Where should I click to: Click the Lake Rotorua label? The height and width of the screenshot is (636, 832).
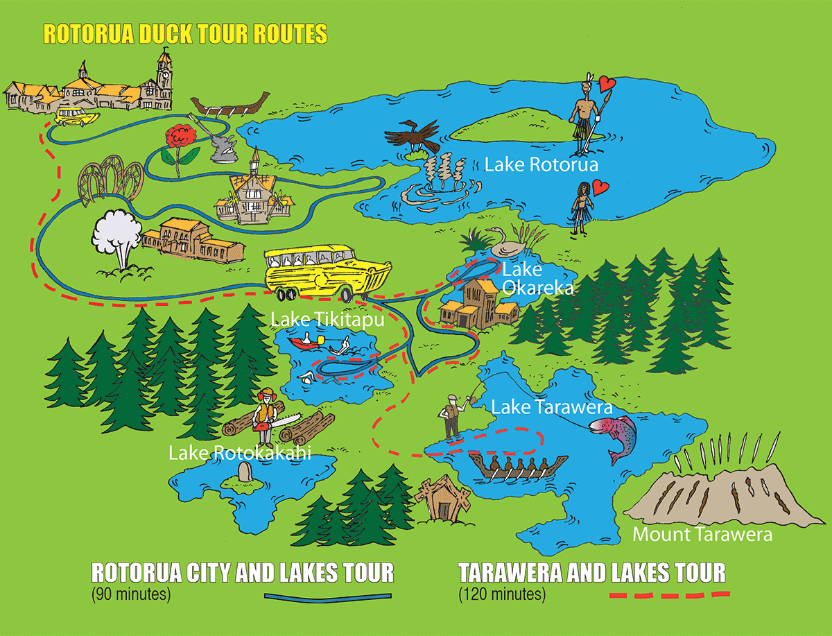click(541, 165)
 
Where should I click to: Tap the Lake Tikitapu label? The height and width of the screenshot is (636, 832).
click(327, 320)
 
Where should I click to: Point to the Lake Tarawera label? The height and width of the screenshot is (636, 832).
click(551, 406)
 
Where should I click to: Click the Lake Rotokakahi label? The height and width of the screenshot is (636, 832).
click(239, 454)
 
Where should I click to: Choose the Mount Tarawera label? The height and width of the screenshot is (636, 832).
click(702, 535)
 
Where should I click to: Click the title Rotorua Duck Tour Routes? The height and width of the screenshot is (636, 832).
click(185, 33)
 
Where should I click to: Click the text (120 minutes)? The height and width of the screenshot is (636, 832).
click(501, 594)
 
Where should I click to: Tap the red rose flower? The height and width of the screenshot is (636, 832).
click(181, 135)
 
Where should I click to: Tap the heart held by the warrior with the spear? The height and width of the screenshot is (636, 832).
click(607, 85)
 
